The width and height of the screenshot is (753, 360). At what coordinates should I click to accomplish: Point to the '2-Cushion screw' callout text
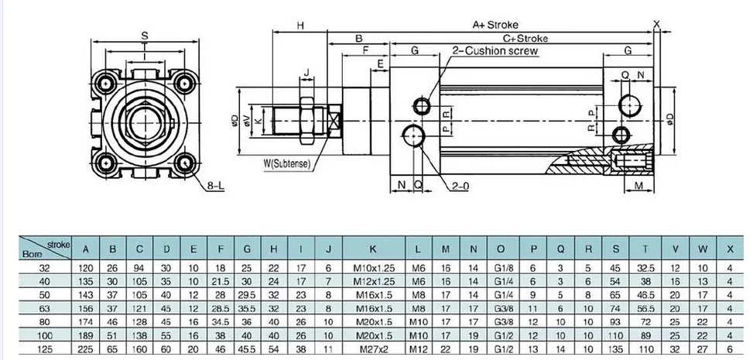pyautogui.click(x=495, y=51)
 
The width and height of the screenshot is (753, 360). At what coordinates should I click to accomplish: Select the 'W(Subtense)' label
pyautogui.click(x=288, y=163)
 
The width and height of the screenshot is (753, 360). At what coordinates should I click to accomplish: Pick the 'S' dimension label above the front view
pyautogui.click(x=145, y=35)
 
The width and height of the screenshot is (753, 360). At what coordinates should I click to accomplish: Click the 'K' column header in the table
pyautogui.click(x=373, y=249)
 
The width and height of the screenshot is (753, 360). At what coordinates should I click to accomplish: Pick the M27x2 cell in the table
pyautogui.click(x=373, y=349)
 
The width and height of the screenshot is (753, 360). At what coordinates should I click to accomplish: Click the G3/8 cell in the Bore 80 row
pyautogui.click(x=501, y=321)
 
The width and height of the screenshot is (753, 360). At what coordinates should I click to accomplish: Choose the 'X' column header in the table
pyautogui.click(x=730, y=249)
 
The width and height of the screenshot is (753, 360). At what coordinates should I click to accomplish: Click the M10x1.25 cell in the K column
pyautogui.click(x=373, y=266)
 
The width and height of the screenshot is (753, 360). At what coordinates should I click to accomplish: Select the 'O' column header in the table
pyautogui.click(x=501, y=249)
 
